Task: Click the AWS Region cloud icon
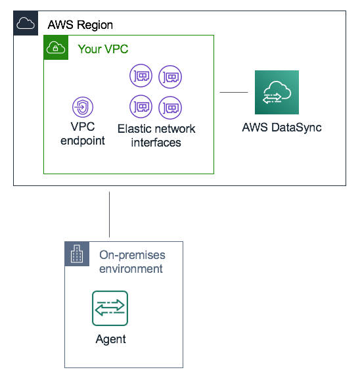tap(25, 24)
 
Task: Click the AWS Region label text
tap(80, 25)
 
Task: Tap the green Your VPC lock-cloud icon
tap(56, 48)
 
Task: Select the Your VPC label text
tap(103, 49)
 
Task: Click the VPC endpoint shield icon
tap(83, 106)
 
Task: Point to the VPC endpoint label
tap(83, 133)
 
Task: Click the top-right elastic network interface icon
tap(170, 77)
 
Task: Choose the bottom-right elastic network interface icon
tap(170, 106)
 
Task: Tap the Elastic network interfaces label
tap(156, 135)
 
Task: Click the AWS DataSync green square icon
tap(277, 93)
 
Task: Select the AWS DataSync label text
tap(281, 128)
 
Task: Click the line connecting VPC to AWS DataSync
tap(233, 93)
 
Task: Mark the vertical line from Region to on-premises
tap(109, 214)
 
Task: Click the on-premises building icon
tap(77, 254)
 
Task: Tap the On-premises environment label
tap(131, 262)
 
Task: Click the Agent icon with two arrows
tap(110, 308)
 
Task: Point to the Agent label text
tap(110, 339)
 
